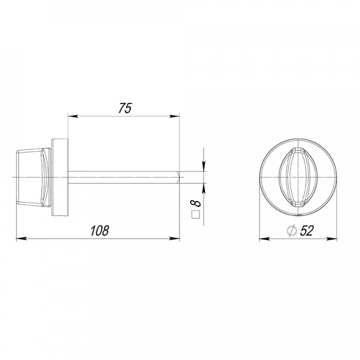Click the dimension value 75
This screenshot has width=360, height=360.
click(x=125, y=108)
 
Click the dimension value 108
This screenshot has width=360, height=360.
click(x=100, y=230)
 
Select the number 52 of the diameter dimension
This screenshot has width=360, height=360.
click(x=307, y=230)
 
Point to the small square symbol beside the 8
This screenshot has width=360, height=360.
click(x=196, y=214)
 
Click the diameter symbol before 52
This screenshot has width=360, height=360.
click(x=292, y=230)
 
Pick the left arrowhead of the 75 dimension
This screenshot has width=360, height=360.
click(x=72, y=116)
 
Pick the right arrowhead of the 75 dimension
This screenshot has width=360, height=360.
click(x=175, y=116)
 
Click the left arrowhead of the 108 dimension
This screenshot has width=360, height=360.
click(x=21, y=239)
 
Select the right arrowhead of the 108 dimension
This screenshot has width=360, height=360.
click(x=175, y=239)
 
